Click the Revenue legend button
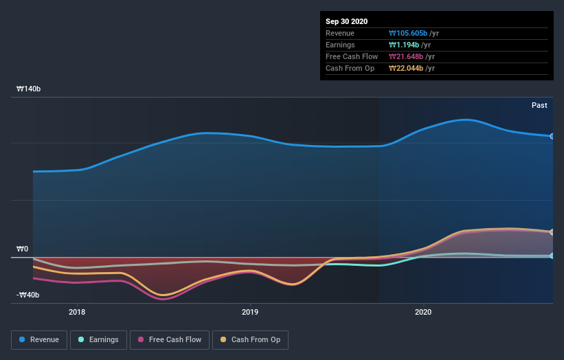pyautogui.click(x=40, y=339)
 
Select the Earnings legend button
pyautogui.click(x=98, y=339)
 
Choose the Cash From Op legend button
pyautogui.click(x=251, y=339)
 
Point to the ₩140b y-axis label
pyautogui.click(x=28, y=89)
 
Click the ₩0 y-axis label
pyautogui.click(x=23, y=249)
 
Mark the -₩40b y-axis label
pyautogui.click(x=28, y=295)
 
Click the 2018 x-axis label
pyautogui.click(x=77, y=311)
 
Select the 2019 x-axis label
pyautogui.click(x=250, y=311)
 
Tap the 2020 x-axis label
pyautogui.click(x=423, y=311)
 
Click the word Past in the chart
pyautogui.click(x=539, y=105)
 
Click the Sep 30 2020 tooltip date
pyautogui.click(x=348, y=21)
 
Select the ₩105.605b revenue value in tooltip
pyautogui.click(x=408, y=33)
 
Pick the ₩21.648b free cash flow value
pyautogui.click(x=405, y=56)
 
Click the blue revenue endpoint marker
pyautogui.click(x=552, y=136)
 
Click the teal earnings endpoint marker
pyautogui.click(x=552, y=256)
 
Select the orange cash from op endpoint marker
pyautogui.click(x=552, y=232)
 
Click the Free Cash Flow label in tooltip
pyautogui.click(x=352, y=56)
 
